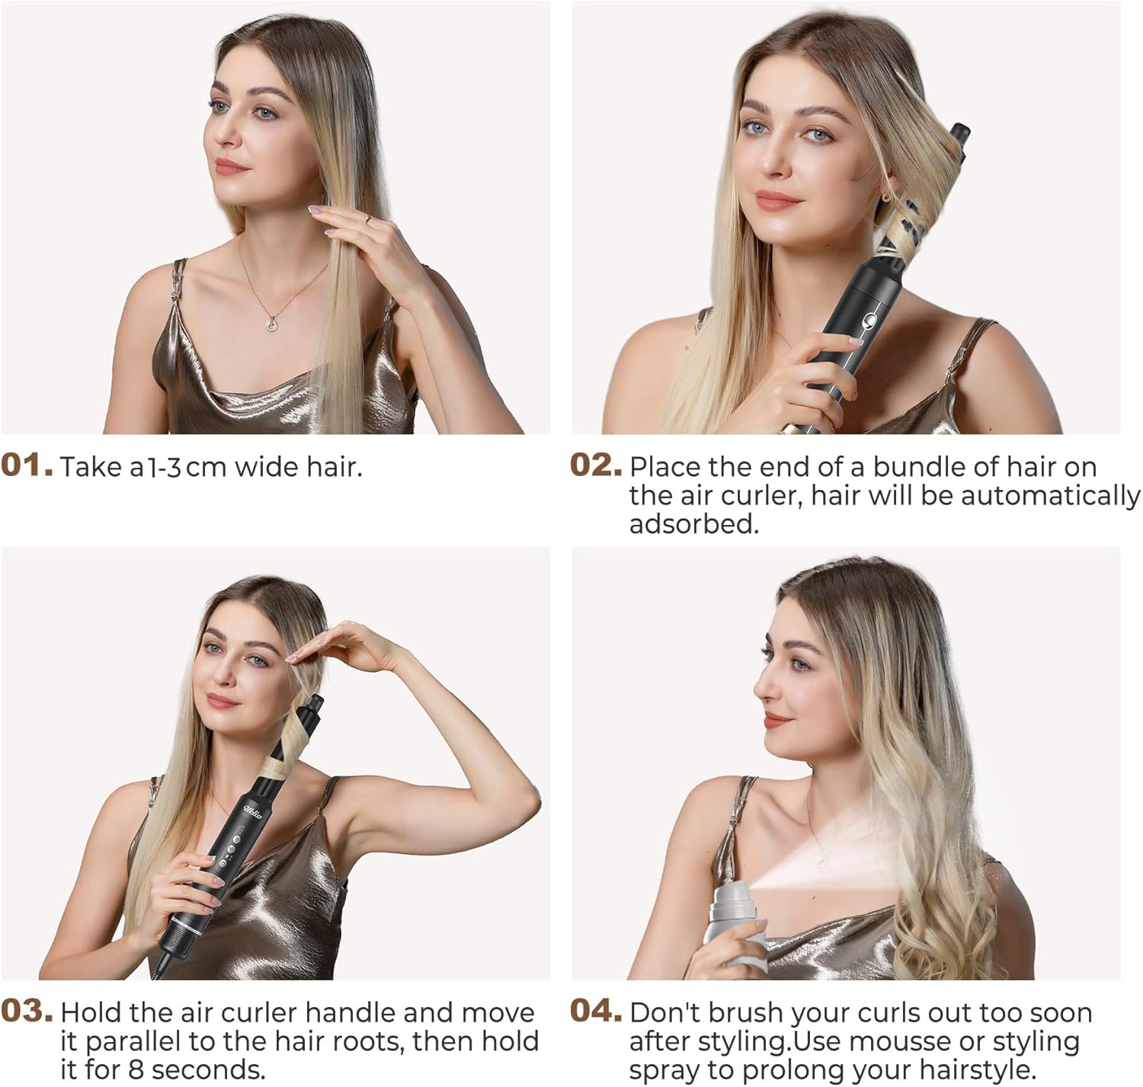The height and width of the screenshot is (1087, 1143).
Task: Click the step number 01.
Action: [x=27, y=465]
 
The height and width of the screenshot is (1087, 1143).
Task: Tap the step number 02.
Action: [x=596, y=465]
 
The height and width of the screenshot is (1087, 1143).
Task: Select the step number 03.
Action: [x=27, y=1012]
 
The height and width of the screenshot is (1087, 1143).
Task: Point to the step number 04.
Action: [x=596, y=1012]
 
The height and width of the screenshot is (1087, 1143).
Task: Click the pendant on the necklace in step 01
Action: [x=271, y=324]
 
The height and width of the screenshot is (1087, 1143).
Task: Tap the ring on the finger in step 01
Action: [x=367, y=219]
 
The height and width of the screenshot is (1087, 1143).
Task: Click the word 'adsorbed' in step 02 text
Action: [x=693, y=525]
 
